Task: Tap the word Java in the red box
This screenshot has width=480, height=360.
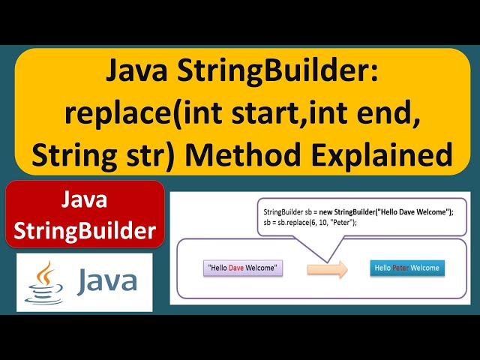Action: coord(84,200)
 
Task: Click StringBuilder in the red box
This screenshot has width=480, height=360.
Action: coord(84,230)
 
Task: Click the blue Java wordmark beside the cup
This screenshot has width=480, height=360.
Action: coord(106,281)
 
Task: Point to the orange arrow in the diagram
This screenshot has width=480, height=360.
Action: coord(328,268)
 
